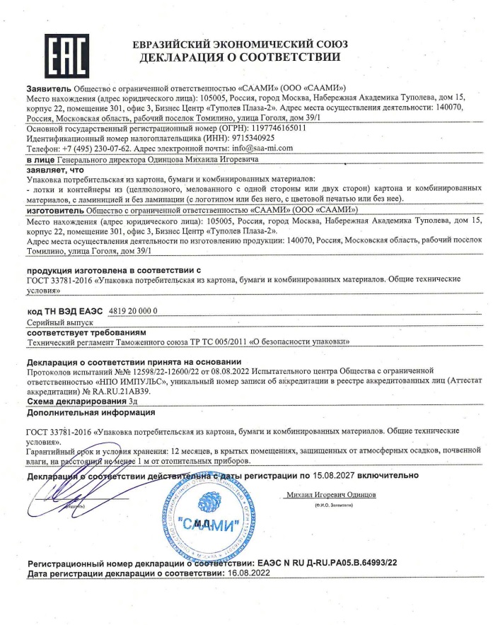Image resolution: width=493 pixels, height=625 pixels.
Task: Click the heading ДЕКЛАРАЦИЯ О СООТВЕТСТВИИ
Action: pyautogui.click(x=240, y=57)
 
